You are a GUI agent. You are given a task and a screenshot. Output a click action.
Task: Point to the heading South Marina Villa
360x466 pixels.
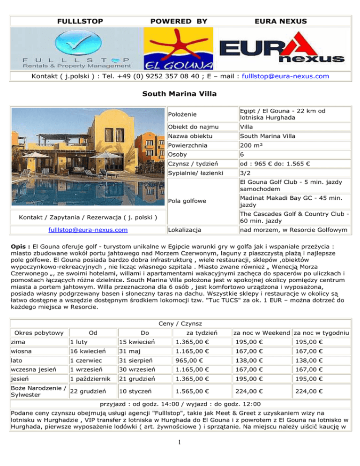tap(180, 94)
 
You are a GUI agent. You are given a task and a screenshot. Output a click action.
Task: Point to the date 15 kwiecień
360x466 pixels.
tap(136, 339)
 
